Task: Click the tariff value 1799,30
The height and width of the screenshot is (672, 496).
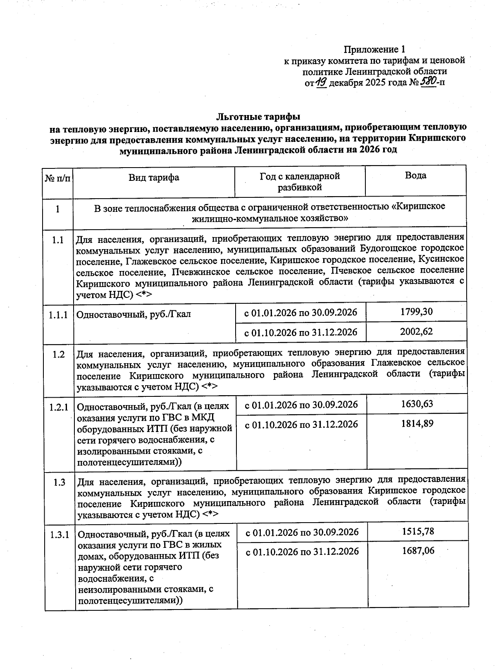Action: point(416,312)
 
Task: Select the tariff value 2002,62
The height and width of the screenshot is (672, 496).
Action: point(416,331)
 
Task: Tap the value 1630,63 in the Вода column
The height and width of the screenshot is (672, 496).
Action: point(417,404)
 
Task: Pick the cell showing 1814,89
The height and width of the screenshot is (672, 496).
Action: point(417,423)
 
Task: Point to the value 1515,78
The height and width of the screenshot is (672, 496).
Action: point(418,531)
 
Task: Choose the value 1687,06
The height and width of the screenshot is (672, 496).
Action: point(418,551)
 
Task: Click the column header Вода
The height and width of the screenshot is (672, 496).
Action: point(415,175)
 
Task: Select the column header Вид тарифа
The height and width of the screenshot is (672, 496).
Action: point(154,178)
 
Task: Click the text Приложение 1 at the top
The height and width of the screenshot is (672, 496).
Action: point(374,50)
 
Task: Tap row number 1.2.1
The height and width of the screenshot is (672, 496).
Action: point(59,408)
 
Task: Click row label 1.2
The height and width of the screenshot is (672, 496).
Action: point(59,355)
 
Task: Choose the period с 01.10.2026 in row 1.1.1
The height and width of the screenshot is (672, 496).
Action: point(301,332)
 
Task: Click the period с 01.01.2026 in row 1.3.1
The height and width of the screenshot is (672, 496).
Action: point(302,532)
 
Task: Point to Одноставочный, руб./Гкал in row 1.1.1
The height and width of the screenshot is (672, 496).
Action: point(134,314)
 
